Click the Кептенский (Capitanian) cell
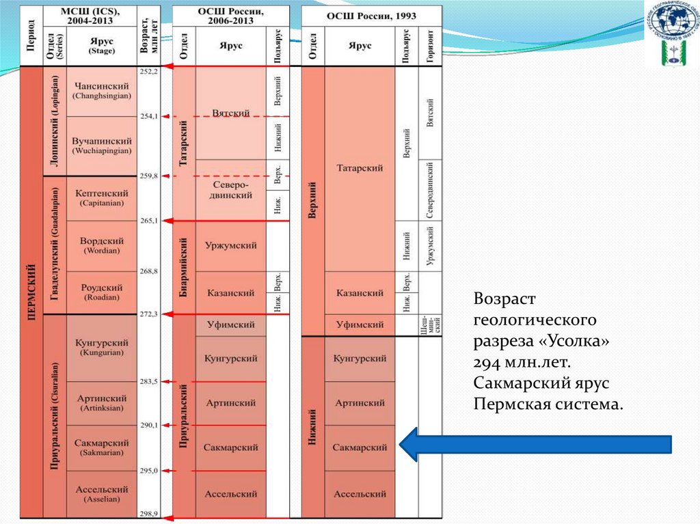click(102, 197)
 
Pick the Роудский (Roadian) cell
click(102, 292)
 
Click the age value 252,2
click(148, 71)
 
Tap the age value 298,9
click(148, 512)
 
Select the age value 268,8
click(148, 271)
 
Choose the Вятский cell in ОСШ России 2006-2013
click(230, 113)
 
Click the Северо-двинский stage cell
click(230, 190)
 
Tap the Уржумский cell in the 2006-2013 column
click(230, 246)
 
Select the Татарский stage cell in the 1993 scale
click(360, 168)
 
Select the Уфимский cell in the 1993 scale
click(360, 325)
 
